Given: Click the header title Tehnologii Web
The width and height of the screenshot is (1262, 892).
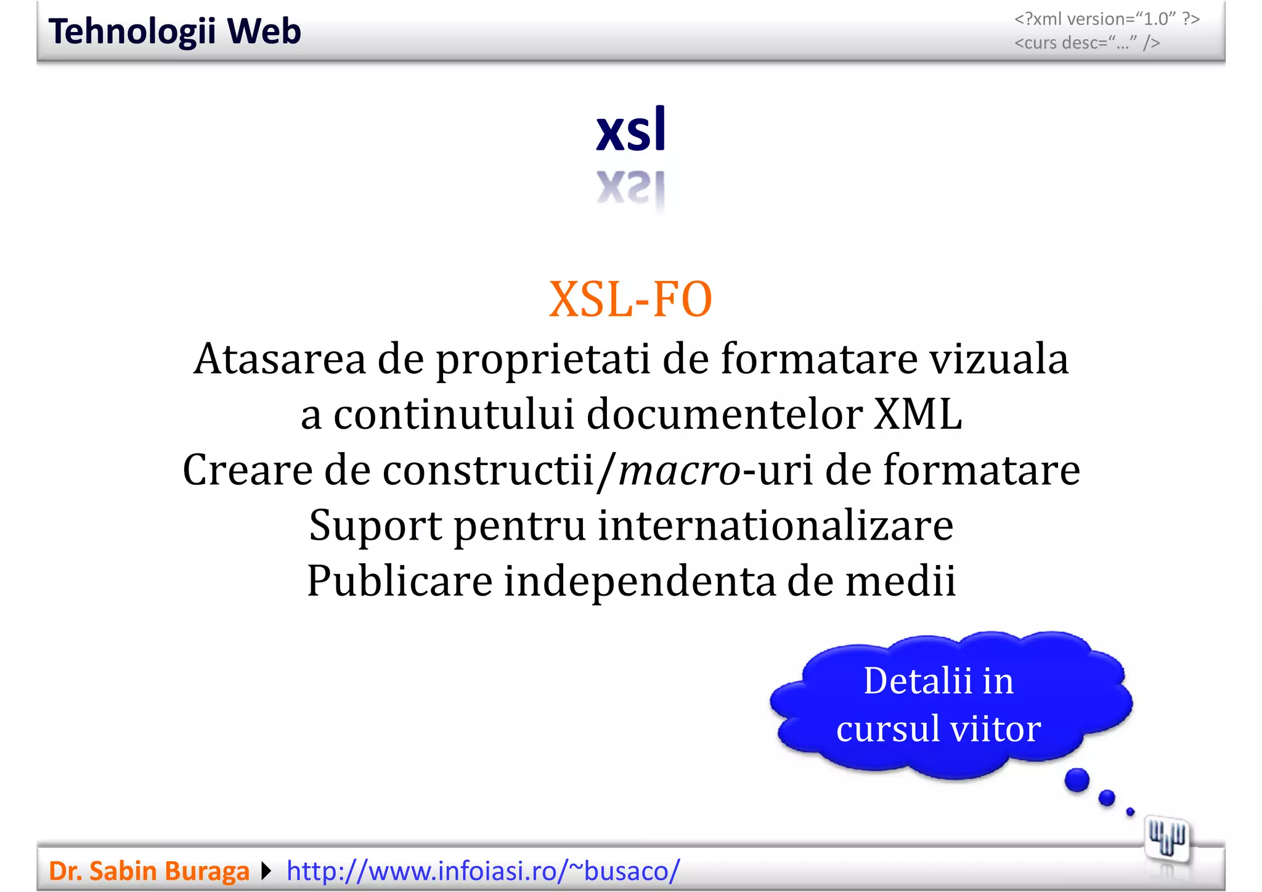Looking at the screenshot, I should [174, 31].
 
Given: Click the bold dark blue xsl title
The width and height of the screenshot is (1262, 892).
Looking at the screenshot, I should [631, 130].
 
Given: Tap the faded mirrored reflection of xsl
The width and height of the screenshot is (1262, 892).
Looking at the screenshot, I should [631, 187].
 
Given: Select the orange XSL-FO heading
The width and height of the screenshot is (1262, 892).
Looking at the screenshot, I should [630, 299].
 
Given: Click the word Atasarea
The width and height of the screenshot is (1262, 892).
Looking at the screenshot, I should [279, 359].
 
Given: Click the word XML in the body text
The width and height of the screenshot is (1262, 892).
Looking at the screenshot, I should [918, 414].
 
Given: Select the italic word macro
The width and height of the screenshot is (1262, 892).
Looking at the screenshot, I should [679, 470].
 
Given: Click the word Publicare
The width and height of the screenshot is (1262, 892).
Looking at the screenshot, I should [400, 581].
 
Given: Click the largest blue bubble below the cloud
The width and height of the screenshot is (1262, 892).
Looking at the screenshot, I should [1077, 780].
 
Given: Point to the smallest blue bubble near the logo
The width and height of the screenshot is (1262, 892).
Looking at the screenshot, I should [1130, 812].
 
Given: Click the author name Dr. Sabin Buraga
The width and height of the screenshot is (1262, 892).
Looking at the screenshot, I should [149, 871].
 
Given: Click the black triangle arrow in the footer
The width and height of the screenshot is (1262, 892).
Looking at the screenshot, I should [266, 871].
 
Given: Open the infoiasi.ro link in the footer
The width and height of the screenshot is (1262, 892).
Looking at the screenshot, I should [483, 871].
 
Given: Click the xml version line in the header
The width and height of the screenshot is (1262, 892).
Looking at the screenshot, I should [1107, 19].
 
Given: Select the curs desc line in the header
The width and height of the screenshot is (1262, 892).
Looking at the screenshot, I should [1087, 43].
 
